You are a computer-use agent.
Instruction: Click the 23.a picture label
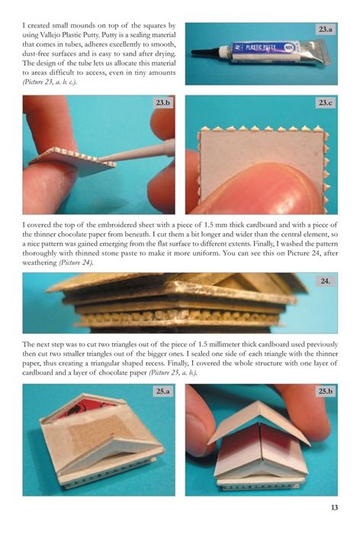click(326, 30)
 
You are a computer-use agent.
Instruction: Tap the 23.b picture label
click(163, 102)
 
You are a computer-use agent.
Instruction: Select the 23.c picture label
click(326, 102)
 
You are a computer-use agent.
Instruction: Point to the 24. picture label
click(325, 281)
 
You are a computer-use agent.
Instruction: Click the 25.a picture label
click(163, 391)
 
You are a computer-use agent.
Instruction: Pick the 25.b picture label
click(326, 391)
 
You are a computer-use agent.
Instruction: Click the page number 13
click(335, 507)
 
